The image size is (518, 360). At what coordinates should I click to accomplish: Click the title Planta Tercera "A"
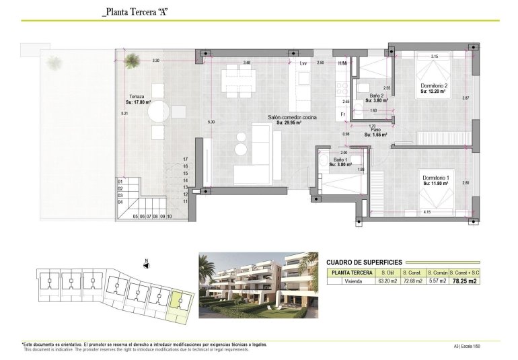pyautogui.click(x=133, y=13)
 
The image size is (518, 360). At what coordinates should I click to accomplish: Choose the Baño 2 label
pyautogui.click(x=376, y=96)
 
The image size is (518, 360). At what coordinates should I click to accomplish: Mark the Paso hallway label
pyautogui.click(x=375, y=130)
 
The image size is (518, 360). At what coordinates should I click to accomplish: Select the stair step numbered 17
pyautogui.click(x=184, y=159)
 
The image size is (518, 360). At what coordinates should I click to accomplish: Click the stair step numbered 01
pyautogui.click(x=121, y=181)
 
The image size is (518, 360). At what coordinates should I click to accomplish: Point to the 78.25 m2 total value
pyautogui.click(x=466, y=281)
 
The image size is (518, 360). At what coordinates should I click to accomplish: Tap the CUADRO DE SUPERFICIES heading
pyautogui.click(x=364, y=262)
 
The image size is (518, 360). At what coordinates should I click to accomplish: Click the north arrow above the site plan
pyautogui.click(x=146, y=264)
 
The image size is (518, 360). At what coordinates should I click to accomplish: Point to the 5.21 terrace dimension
pyautogui.click(x=124, y=114)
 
